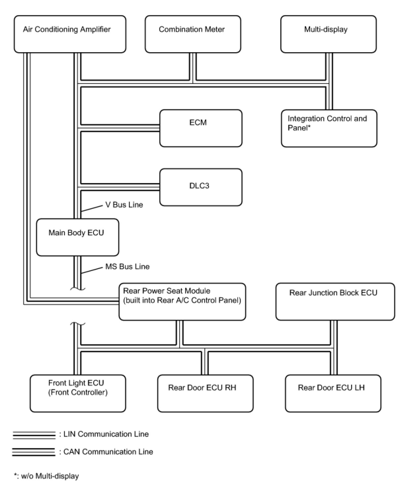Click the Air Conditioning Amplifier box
tap(70, 34)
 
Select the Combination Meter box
tap(193, 34)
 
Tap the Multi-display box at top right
tap(328, 34)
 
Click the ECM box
tap(201, 128)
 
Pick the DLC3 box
tap(201, 187)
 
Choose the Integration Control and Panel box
tap(329, 128)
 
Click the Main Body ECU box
tap(77, 237)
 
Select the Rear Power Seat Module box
tap(182, 302)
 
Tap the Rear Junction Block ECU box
tap(335, 302)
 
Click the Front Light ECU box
tap(78, 393)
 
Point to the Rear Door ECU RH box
tap(205, 393)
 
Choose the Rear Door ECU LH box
tap(333, 393)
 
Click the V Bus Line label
tap(124, 205)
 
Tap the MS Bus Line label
tap(127, 267)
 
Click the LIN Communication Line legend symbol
tap(34, 435)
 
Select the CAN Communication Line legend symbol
tap(34, 452)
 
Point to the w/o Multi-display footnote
tap(47, 476)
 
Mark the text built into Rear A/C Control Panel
tap(182, 300)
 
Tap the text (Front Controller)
tap(78, 393)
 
